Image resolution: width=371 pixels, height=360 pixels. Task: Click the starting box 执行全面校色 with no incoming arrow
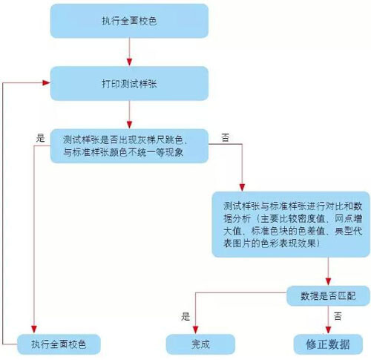[129, 22]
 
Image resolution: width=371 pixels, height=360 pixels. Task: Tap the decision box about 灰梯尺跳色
[131, 145]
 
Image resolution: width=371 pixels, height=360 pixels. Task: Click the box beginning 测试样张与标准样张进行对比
[291, 223]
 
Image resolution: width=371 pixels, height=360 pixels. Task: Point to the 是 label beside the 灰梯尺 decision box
[41, 137]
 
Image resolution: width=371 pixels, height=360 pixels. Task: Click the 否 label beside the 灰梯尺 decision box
[225, 137]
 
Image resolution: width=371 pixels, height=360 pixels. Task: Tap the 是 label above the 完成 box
[185, 315]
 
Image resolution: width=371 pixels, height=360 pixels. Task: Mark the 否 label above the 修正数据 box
[338, 315]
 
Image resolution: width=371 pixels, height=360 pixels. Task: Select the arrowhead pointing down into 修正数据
[327, 329]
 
